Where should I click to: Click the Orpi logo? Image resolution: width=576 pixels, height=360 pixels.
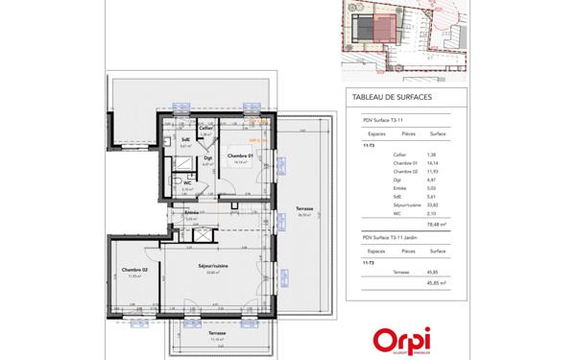tap(402, 340)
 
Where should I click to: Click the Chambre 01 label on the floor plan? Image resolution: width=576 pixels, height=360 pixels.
tap(239, 155)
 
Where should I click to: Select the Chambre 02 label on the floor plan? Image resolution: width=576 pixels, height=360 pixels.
tap(132, 270)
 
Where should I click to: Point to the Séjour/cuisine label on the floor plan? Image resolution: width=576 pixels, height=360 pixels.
tap(211, 265)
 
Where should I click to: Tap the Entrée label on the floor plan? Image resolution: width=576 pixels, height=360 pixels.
tap(192, 212)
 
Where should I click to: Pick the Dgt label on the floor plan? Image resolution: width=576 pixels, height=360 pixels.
tap(207, 158)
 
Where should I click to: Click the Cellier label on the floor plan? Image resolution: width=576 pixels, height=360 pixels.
tap(205, 128)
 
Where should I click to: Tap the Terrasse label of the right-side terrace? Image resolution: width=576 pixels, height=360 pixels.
tap(304, 208)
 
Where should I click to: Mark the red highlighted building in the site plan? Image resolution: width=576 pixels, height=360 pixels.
tap(383, 29)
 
